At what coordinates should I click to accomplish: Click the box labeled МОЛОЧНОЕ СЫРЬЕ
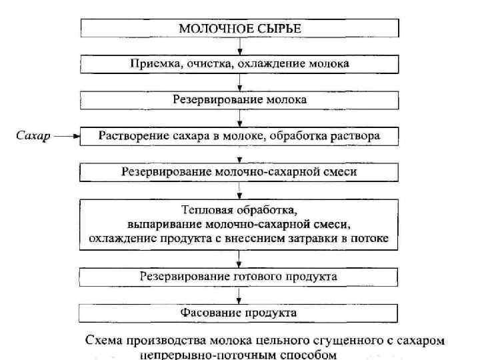239,28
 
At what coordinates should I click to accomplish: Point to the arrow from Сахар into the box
67,137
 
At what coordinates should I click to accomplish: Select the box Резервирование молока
239,100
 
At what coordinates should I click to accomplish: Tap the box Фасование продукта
239,312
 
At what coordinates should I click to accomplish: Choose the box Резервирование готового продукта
239,276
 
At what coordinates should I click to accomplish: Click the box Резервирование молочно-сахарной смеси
239,172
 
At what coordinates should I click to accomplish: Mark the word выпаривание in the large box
159,223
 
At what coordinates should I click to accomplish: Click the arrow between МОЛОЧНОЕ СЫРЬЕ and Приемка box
239,46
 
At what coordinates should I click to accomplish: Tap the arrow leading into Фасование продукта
239,294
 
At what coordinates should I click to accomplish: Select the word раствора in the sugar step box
357,136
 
